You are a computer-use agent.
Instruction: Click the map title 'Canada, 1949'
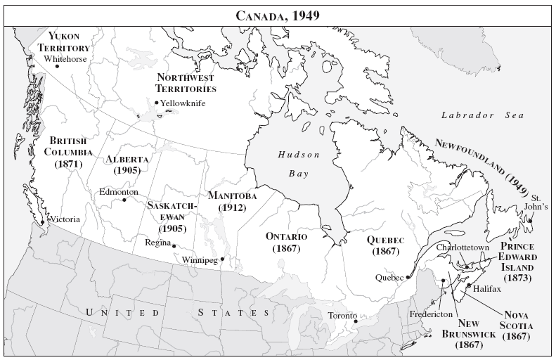(x=278, y=15)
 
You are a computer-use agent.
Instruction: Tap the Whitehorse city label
(x=65, y=59)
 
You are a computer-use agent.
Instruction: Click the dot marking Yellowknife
(x=156, y=103)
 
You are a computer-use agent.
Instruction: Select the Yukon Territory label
(x=63, y=41)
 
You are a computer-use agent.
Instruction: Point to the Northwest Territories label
(x=186, y=83)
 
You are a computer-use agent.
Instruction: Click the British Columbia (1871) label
(x=68, y=152)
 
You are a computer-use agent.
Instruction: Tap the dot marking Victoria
(x=43, y=222)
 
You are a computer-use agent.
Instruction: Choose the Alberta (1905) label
(x=127, y=165)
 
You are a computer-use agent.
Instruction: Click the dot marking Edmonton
(x=124, y=200)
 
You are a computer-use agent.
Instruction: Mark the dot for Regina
(x=174, y=246)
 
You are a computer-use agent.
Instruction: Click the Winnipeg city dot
(x=222, y=259)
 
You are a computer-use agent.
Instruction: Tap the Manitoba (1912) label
(x=233, y=202)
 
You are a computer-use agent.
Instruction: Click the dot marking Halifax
(x=469, y=285)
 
